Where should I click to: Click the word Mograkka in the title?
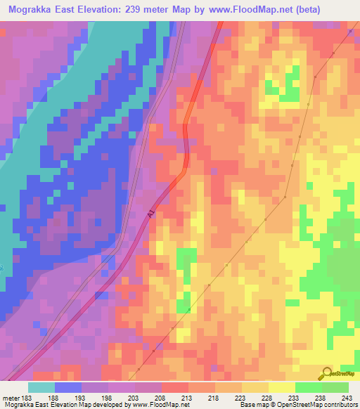34,10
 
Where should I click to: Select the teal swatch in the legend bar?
41,388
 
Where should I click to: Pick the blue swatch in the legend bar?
68,388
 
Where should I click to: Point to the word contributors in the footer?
337,405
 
